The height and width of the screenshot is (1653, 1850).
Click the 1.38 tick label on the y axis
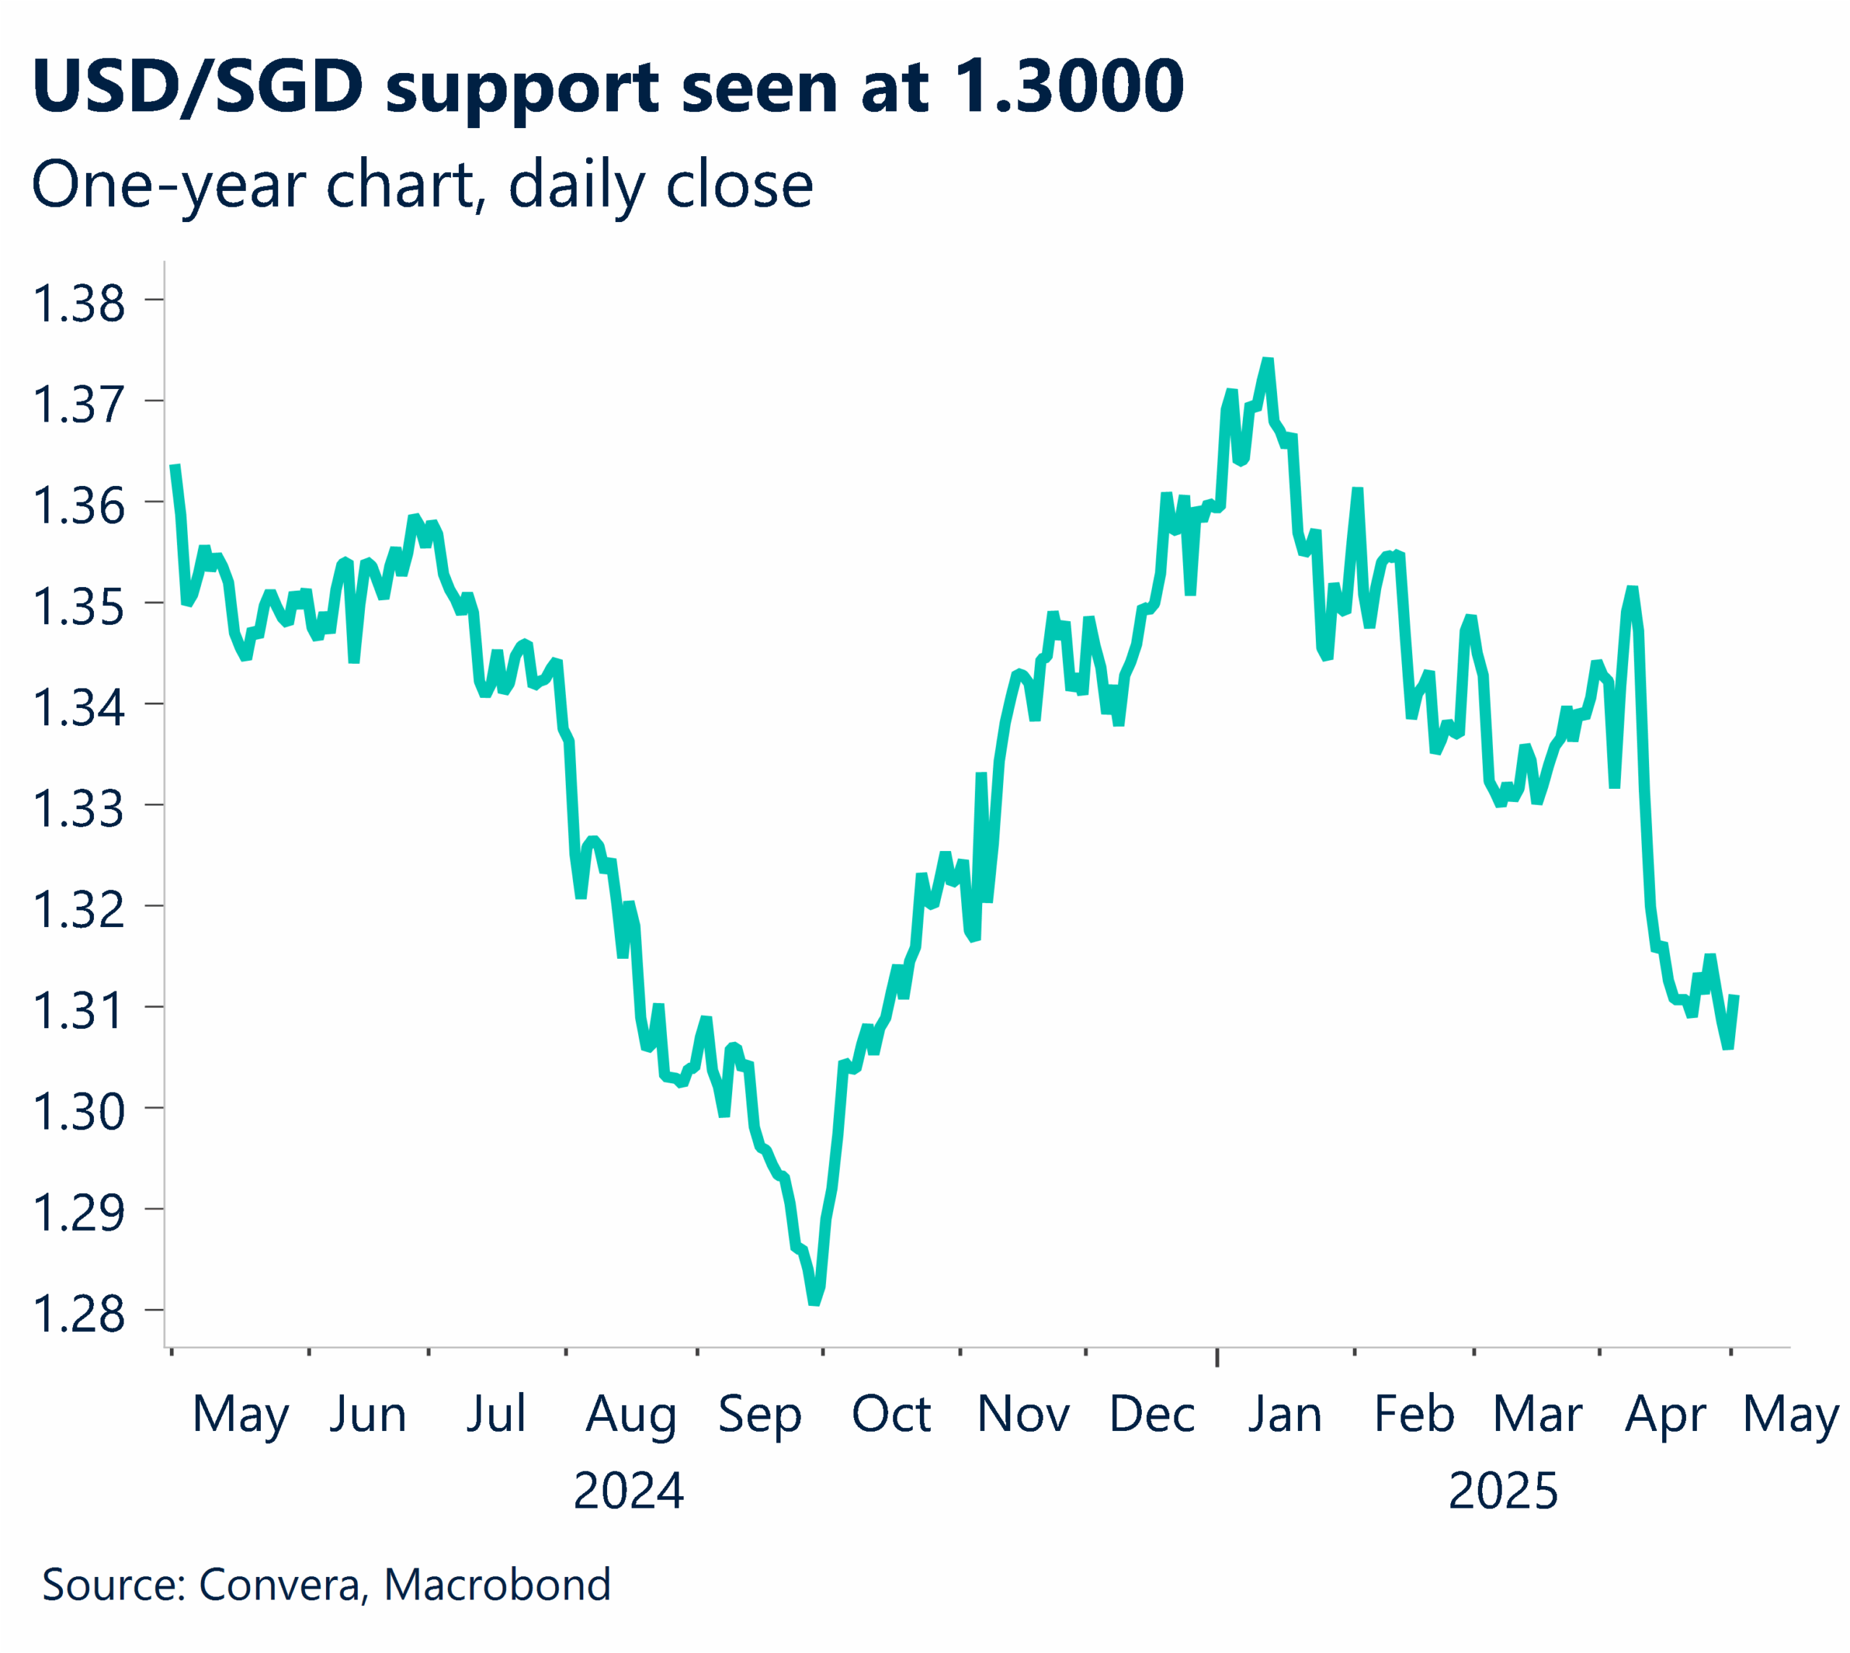[78, 304]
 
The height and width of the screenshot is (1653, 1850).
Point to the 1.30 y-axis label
[78, 1111]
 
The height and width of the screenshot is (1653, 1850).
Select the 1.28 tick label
[78, 1314]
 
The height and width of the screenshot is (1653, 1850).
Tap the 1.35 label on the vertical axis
[78, 607]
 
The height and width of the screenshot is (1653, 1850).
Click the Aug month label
[631, 1414]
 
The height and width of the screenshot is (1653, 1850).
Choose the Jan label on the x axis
[1284, 1414]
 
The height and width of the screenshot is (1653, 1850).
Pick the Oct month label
[890, 1414]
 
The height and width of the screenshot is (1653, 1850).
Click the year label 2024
[628, 1491]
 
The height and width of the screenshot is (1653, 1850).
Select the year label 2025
[1502, 1491]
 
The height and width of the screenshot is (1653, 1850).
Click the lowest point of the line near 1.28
[814, 1302]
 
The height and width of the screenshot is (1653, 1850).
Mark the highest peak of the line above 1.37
[1268, 362]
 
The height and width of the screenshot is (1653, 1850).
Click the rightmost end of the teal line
[1734, 997]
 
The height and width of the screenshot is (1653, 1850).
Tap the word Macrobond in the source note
[496, 1584]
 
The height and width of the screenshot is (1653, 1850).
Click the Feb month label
[1414, 1414]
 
